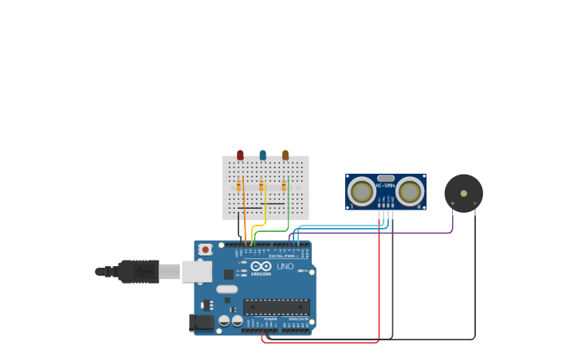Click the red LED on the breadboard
point(240,155)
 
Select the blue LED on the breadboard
point(262,155)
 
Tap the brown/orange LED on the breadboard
point(285,155)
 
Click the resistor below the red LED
point(238,186)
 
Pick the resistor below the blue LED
point(261,186)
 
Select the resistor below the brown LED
point(283,186)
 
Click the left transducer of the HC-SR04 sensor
point(362,191)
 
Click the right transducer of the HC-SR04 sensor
point(410,191)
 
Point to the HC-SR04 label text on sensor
point(386,186)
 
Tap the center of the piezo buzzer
point(463,194)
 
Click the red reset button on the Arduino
point(205,249)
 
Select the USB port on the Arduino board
point(196,272)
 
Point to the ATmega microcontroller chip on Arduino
point(277,307)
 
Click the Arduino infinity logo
point(261,266)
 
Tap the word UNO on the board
point(285,266)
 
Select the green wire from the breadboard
point(275,231)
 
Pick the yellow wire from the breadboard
point(254,233)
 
